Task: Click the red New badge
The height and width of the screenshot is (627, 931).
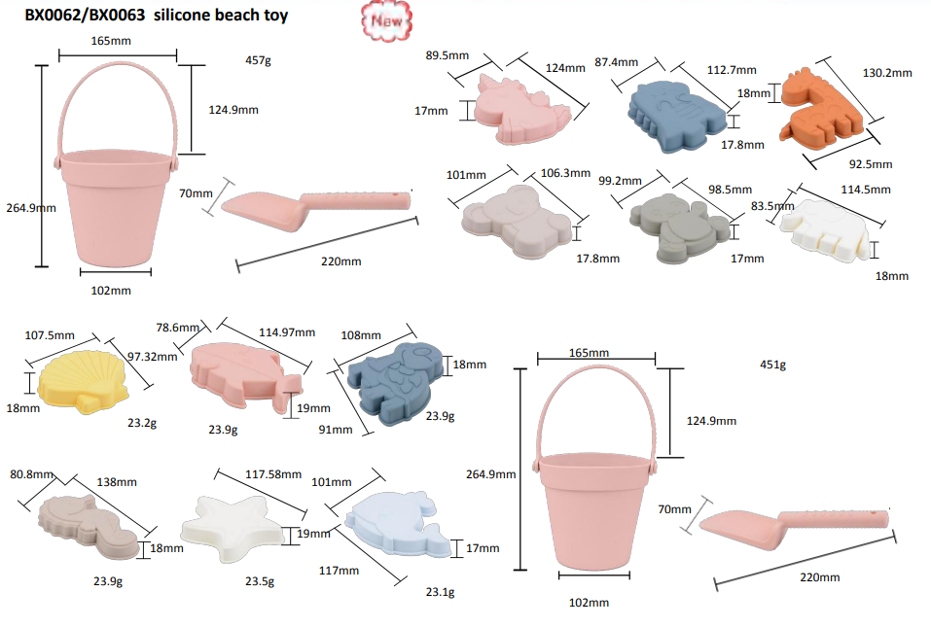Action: [386, 20]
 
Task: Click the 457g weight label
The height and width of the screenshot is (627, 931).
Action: [258, 60]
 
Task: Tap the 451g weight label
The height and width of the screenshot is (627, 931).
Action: [773, 365]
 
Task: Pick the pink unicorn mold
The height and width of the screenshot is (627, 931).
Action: [521, 111]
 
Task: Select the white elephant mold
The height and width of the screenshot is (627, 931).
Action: [824, 230]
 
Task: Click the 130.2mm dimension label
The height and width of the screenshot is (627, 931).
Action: [887, 73]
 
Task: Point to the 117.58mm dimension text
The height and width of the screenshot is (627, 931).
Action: [273, 474]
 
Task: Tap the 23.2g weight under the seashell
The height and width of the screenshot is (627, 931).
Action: [142, 423]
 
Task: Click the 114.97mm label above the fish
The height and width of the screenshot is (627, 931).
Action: [287, 332]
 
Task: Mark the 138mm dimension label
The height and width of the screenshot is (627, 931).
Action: [117, 482]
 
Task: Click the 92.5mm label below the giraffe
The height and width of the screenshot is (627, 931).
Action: [871, 164]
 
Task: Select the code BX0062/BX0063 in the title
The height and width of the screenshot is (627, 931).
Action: [85, 16]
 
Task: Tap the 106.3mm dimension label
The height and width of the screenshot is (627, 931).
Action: [565, 173]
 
